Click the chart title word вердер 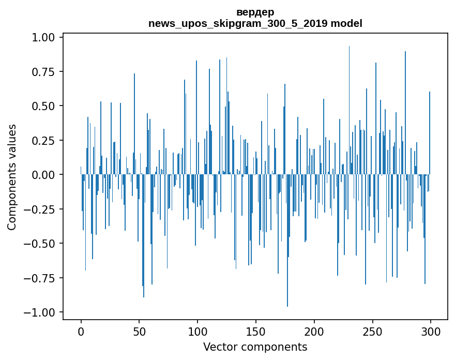pyautogui.click(x=255, y=12)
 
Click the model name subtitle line pyautogui.click(x=255, y=23)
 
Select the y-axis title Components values pyautogui.click(x=12, y=177)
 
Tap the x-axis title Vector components pyautogui.click(x=255, y=347)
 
